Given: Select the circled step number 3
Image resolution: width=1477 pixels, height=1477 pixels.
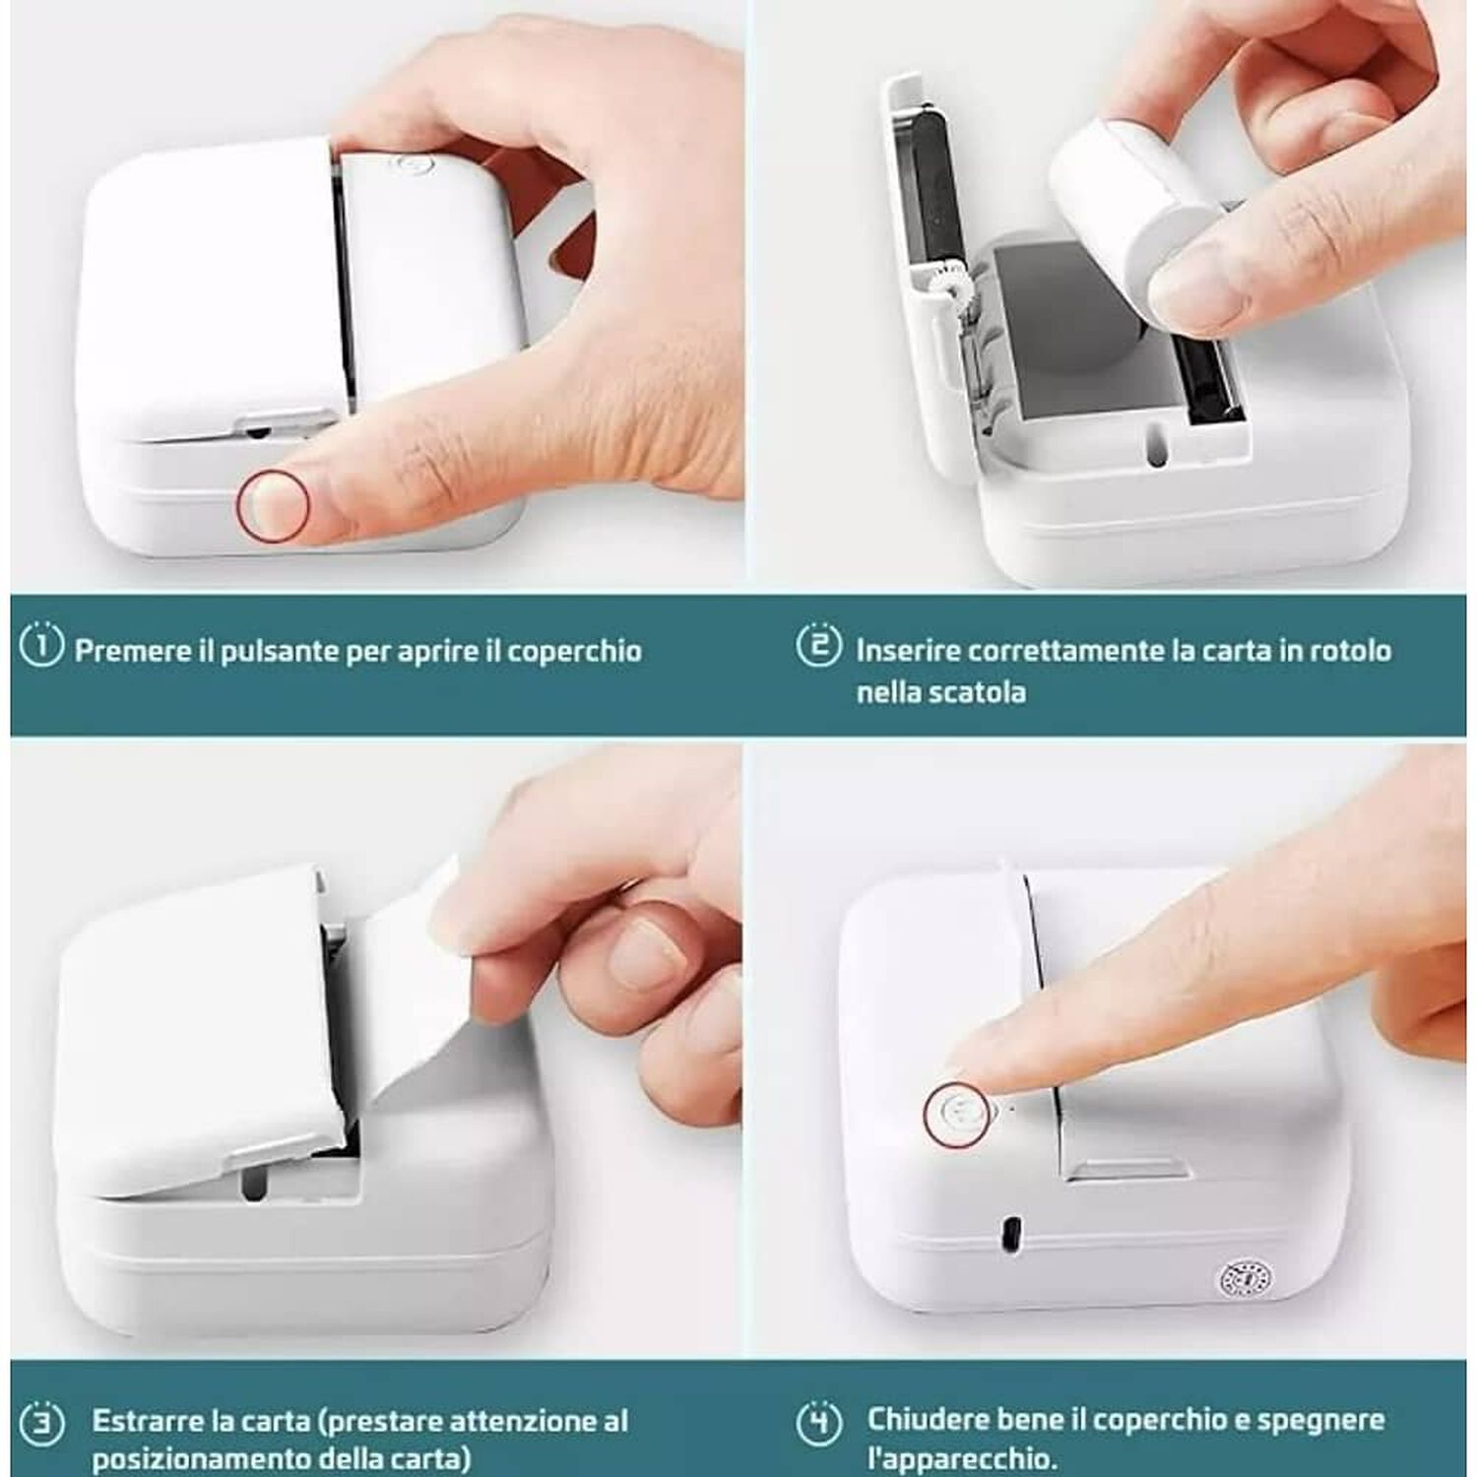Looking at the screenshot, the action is (x=41, y=1424).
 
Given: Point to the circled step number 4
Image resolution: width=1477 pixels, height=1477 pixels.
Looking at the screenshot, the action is (x=819, y=1422).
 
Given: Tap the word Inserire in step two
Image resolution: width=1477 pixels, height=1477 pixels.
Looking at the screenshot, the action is (x=906, y=651).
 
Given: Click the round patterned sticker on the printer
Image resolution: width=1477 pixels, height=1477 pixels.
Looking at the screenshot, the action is (x=1246, y=1279).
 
